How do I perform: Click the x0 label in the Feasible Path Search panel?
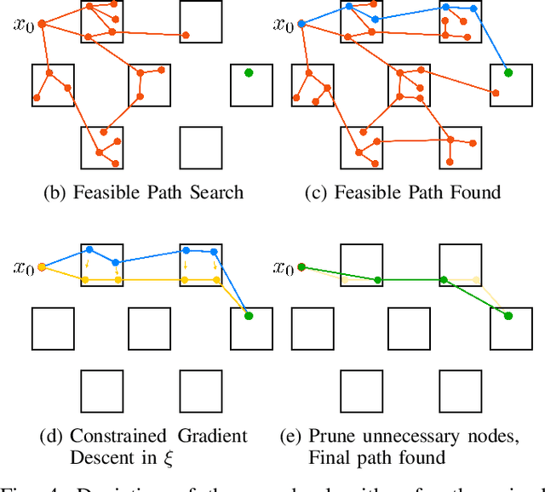pos(23,24)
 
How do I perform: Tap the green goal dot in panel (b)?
pos(249,72)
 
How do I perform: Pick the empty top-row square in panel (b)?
pos(201,21)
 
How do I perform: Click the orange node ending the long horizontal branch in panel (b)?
pos(186,36)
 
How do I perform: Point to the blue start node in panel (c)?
pos(301,24)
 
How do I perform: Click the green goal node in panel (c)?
pos(508,72)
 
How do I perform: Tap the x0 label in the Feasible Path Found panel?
pos(283,24)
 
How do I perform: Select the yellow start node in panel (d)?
pos(41,268)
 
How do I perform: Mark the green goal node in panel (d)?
pos(249,316)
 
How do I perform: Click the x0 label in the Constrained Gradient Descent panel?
pos(23,268)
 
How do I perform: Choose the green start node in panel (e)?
pos(301,268)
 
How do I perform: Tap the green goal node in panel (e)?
pos(508,316)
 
